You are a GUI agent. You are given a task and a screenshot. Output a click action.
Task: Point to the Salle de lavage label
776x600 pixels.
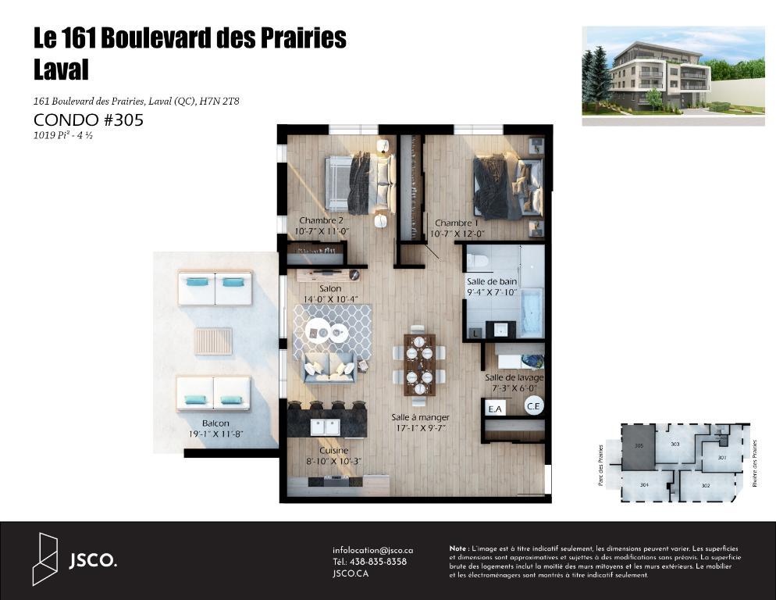tap(514, 377)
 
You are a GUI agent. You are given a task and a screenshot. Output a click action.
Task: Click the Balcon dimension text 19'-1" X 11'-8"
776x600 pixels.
tap(215, 435)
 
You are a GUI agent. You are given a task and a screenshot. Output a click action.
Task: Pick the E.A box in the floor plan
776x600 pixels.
tap(493, 409)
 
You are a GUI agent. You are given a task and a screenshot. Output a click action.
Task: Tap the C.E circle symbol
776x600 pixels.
tap(534, 405)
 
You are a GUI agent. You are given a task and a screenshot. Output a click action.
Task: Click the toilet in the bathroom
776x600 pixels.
tap(478, 259)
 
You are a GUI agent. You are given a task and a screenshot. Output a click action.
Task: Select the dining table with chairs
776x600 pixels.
tap(419, 364)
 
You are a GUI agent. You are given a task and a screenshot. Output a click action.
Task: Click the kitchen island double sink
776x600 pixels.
tap(326, 427)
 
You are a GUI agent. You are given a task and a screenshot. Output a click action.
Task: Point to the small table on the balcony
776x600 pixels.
tap(213, 341)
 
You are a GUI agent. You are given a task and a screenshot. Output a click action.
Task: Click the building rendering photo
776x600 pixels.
tap(673, 76)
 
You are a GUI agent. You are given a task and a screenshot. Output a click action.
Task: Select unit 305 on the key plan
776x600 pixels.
tap(639, 448)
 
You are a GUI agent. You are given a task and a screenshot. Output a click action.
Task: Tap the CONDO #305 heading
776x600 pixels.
tap(88, 120)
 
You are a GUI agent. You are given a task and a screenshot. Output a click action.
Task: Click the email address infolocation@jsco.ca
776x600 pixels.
tap(372, 550)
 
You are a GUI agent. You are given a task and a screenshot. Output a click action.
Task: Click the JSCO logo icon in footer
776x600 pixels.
tap(45, 559)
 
